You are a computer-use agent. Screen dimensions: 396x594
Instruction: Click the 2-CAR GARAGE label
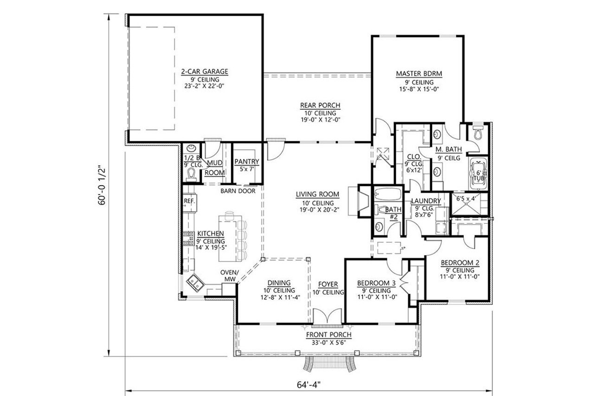tap(205, 72)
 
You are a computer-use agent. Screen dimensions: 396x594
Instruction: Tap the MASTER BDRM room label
tap(419, 74)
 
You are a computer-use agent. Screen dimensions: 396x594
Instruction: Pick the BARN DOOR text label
tap(238, 191)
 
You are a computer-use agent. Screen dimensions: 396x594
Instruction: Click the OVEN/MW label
tap(229, 276)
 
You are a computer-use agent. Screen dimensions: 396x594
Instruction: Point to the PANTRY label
tap(246, 162)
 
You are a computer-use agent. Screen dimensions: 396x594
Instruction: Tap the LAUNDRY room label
tap(426, 201)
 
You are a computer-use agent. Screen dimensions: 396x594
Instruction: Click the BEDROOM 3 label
tap(376, 283)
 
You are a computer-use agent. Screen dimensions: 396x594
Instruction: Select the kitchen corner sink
tap(195, 282)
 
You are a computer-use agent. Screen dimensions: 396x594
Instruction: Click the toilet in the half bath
tap(191, 173)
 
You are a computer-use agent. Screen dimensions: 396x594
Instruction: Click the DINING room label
tap(278, 283)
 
